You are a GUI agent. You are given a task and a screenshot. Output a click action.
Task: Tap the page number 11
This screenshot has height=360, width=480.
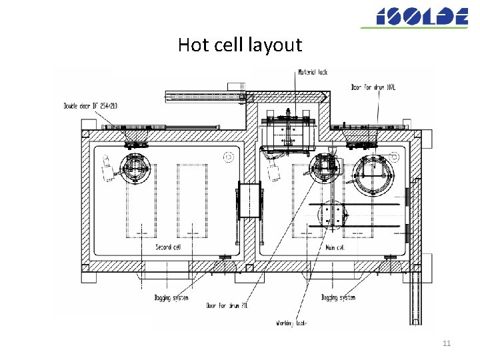coord(447,343)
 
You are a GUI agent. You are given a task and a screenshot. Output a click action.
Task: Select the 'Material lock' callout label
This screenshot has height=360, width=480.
coord(313,72)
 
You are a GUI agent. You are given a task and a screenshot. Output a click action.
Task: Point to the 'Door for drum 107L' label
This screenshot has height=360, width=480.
coord(373,87)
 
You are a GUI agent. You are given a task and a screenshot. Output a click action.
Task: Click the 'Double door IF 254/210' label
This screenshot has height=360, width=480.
coord(90,105)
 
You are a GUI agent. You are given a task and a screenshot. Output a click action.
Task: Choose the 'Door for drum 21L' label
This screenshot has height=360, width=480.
coord(227,306)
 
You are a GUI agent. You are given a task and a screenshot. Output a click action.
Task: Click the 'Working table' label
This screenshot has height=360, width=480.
coord(292,323)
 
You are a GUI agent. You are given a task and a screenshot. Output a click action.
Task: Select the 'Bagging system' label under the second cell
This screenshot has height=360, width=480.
coord(171,297)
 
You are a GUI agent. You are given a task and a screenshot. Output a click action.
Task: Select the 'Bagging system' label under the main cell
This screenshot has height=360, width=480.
coord(338,297)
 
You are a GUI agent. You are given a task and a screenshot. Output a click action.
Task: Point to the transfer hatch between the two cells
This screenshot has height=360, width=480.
coord(249,200)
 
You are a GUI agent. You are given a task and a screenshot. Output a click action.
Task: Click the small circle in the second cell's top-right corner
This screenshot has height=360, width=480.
coord(229,157)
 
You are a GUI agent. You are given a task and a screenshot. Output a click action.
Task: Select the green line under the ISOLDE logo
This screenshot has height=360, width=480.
coord(414,27)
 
